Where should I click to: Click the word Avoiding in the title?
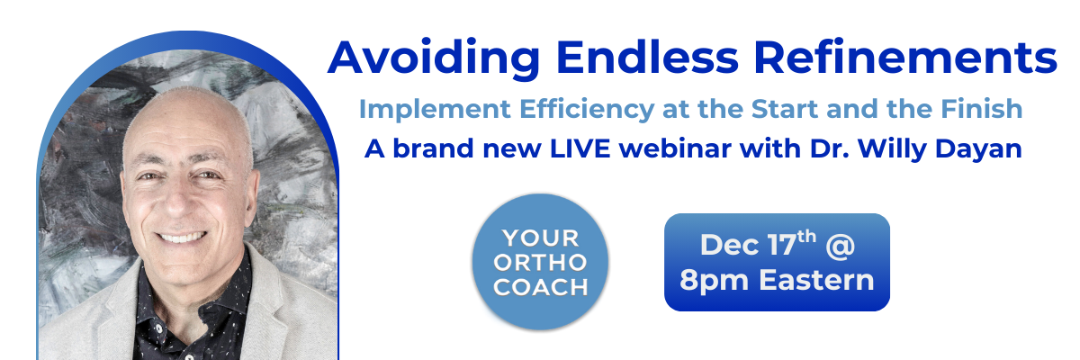(x=434, y=58)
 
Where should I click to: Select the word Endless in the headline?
(x=647, y=58)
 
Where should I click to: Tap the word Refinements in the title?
(x=906, y=58)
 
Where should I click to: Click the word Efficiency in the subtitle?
(x=586, y=111)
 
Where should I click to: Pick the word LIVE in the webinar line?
(x=580, y=148)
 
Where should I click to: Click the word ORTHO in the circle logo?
(x=540, y=263)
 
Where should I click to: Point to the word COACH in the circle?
(x=541, y=287)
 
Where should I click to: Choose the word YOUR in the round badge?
(x=540, y=238)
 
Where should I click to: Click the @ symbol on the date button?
(x=840, y=246)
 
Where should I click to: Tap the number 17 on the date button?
(x=781, y=245)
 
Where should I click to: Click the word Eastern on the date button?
(x=816, y=280)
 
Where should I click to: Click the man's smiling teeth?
(x=182, y=237)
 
